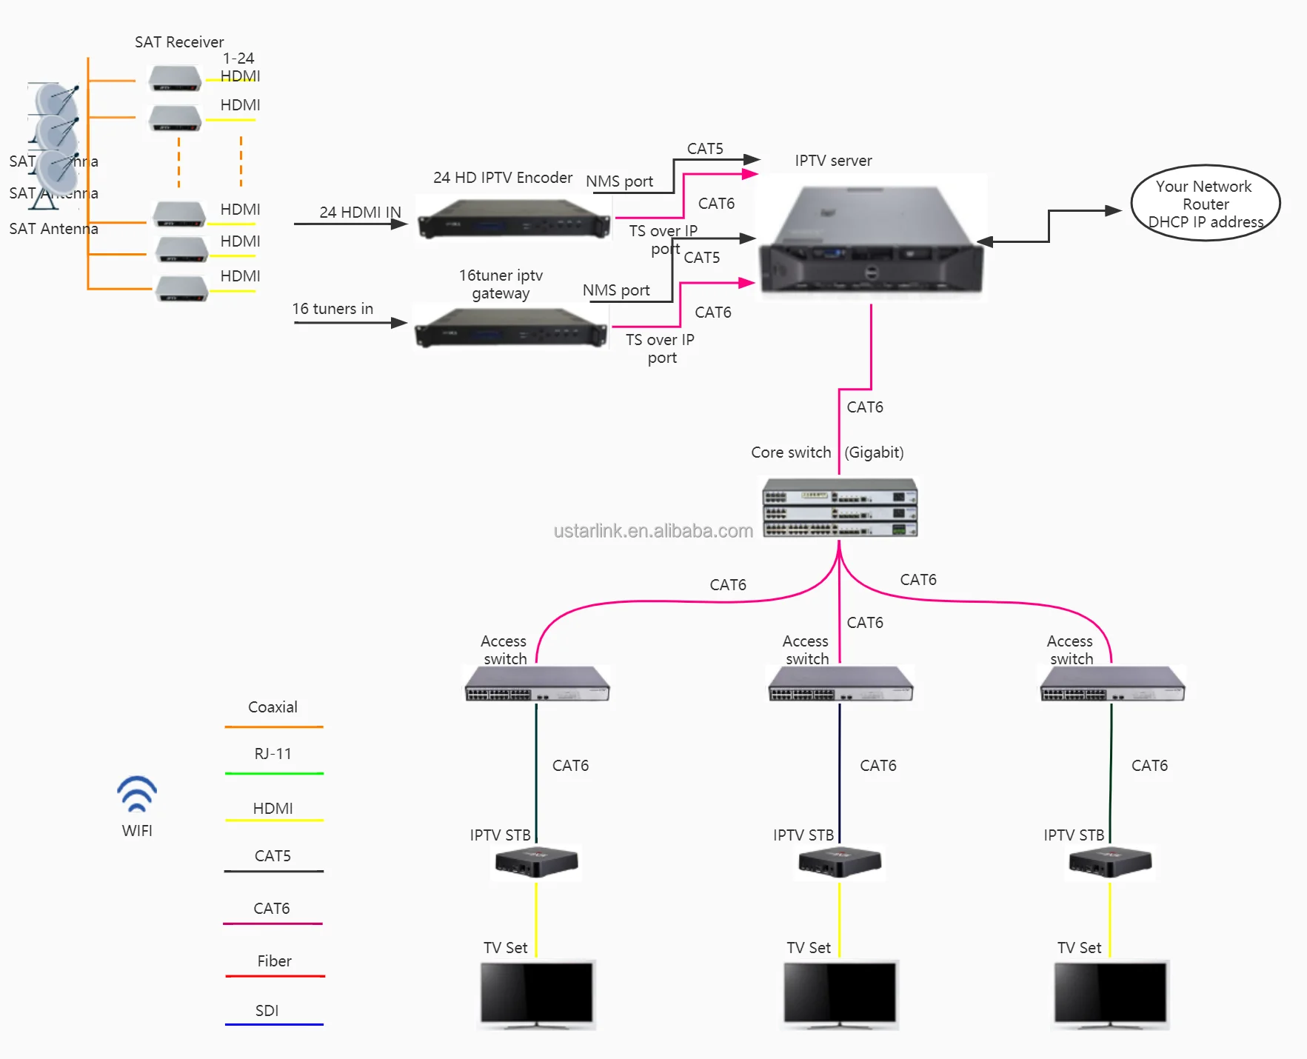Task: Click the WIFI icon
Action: click(x=137, y=793)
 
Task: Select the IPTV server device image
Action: click(x=872, y=238)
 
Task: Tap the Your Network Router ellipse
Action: click(x=1205, y=203)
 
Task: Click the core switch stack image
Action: click(x=840, y=507)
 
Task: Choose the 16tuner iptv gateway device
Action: click(x=510, y=327)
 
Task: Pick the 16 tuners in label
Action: click(x=332, y=309)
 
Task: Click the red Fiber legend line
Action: click(x=275, y=976)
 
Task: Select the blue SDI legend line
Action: click(x=274, y=1024)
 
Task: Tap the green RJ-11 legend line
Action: click(x=274, y=773)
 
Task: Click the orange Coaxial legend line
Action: click(x=274, y=726)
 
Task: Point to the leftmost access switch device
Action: click(x=537, y=684)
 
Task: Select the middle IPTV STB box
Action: click(x=840, y=862)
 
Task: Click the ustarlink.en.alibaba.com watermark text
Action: click(x=653, y=531)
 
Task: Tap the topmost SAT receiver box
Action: click(x=175, y=77)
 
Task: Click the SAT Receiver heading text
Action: click(x=179, y=42)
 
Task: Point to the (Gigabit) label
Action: click(x=874, y=452)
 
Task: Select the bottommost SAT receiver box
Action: click(x=181, y=288)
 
